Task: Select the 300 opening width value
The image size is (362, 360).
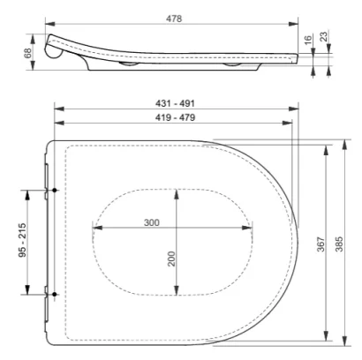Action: [x=153, y=221]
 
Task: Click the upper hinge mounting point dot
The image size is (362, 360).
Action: [x=55, y=190]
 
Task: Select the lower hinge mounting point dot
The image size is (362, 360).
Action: [x=55, y=294]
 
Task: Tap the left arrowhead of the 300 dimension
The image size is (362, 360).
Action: [x=94, y=228]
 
